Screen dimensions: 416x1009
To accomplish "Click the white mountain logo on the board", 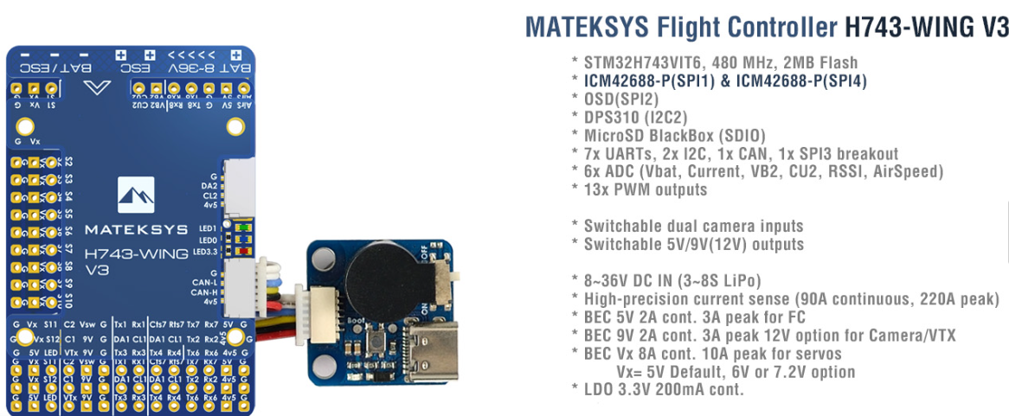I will [x=136, y=196].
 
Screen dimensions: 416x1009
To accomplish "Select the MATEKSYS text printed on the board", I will [x=138, y=230].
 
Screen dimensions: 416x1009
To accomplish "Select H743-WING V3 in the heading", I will [x=926, y=28].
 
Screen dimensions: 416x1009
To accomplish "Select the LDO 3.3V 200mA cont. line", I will [x=663, y=390].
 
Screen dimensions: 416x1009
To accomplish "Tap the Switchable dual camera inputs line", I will [x=693, y=226].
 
